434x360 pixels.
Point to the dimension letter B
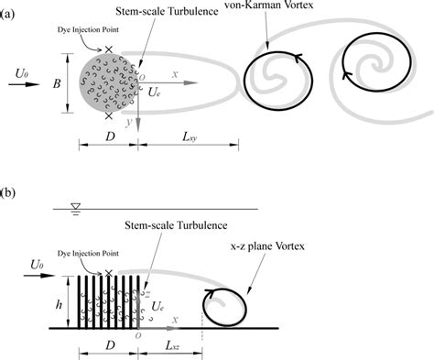(56, 83)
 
